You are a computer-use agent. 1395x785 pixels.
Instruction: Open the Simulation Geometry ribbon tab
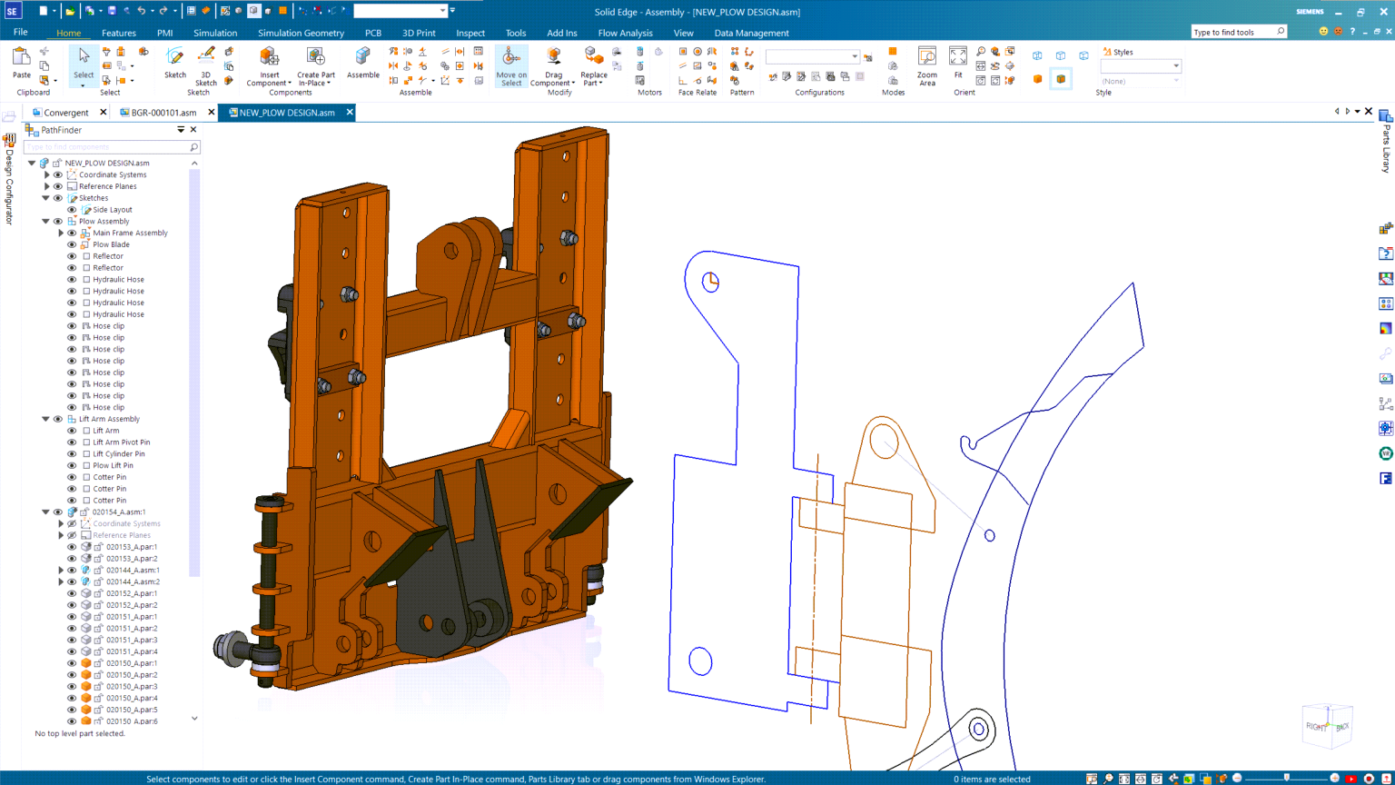click(301, 33)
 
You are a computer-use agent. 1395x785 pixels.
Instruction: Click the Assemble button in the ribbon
click(362, 64)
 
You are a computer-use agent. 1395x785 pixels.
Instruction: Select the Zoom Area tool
click(926, 65)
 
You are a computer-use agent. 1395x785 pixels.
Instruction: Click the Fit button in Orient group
click(958, 63)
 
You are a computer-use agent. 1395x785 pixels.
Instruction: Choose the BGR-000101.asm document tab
click(163, 113)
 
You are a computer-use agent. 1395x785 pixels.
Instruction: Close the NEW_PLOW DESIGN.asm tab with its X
click(350, 113)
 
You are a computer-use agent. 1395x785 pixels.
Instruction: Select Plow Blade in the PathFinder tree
click(111, 244)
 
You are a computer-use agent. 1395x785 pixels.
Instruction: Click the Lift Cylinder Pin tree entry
click(118, 453)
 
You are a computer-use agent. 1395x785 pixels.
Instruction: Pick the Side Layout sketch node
click(112, 210)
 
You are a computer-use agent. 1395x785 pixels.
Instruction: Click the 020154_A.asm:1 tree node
click(118, 512)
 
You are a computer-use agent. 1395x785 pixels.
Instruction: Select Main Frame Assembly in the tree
click(130, 233)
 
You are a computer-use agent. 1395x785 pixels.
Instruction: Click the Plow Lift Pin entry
click(113, 465)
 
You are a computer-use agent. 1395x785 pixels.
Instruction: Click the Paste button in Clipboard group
click(21, 63)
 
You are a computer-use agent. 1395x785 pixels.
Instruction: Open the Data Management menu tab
click(751, 33)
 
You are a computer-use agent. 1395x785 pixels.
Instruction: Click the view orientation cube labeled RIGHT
click(1316, 726)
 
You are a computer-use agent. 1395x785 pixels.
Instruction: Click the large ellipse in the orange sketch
click(884, 442)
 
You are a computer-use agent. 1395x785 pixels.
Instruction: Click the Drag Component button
click(553, 65)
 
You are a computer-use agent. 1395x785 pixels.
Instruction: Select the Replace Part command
click(593, 65)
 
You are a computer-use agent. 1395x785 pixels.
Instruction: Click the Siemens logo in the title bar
click(1309, 12)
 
